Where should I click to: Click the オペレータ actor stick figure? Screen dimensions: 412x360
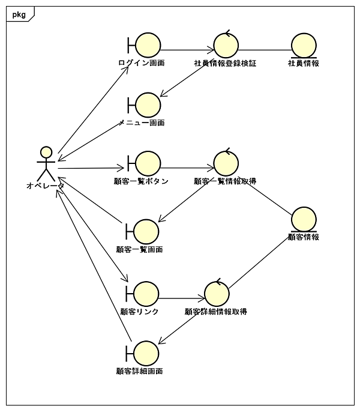pos(46,163)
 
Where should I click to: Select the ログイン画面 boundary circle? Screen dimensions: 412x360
pos(148,46)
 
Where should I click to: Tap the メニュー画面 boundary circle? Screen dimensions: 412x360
pos(148,105)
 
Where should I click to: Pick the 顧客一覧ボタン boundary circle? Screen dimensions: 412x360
pos(148,163)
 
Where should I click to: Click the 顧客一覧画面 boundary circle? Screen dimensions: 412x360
pos(146,231)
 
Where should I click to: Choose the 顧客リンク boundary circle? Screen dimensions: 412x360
pos(146,294)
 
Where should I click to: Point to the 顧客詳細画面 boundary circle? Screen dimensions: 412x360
pos(146,353)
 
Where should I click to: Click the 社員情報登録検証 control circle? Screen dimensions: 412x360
pos(226,46)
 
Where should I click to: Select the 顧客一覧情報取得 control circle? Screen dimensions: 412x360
pos(226,163)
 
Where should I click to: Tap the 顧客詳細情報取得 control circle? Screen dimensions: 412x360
pos(217,294)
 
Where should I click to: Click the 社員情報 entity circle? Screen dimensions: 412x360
pos(303,46)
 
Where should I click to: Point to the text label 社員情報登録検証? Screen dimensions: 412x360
pos(225,63)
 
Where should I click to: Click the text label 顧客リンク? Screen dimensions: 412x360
pos(140,311)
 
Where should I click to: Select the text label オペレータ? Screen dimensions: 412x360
pos(45,186)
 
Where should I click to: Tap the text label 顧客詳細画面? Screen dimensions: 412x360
pos(140,371)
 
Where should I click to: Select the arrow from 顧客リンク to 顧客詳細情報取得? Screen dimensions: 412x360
pos(182,297)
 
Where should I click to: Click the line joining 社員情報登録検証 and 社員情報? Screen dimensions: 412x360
pos(265,50)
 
